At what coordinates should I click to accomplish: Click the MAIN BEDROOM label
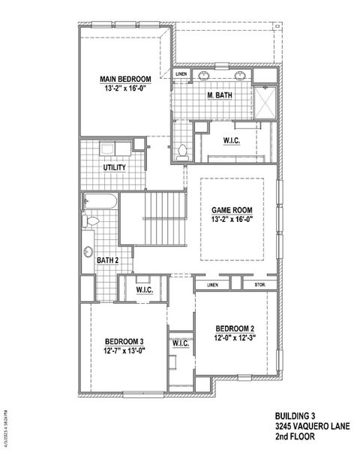click(126, 79)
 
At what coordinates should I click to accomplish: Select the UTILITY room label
click(115, 167)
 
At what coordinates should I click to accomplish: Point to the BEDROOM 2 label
click(235, 328)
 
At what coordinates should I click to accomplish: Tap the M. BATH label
click(220, 95)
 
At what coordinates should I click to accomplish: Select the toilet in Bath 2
click(91, 223)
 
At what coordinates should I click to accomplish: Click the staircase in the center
click(153, 217)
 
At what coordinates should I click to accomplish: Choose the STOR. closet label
click(260, 285)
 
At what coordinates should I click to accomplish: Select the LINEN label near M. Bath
click(181, 75)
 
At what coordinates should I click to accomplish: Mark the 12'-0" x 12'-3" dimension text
click(235, 337)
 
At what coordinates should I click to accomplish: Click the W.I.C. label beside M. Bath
click(231, 140)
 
